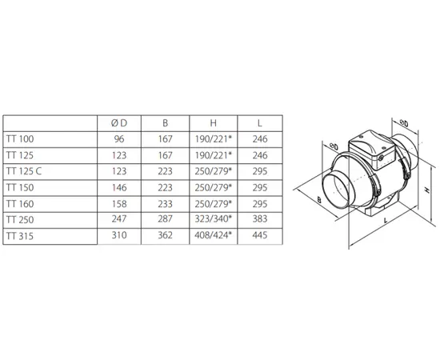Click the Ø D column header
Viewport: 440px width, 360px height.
coord(119,123)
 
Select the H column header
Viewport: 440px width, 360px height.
coord(214,123)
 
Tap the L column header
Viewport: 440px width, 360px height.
coord(260,123)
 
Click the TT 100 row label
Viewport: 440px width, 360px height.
coord(20,139)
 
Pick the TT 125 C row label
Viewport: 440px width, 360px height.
coord(24,171)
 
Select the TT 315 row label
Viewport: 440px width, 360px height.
coord(20,236)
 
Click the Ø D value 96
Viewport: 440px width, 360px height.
coord(119,139)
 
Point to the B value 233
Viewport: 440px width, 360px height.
coord(165,204)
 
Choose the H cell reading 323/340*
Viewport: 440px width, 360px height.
coord(214,219)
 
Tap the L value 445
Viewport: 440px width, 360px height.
coord(260,235)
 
